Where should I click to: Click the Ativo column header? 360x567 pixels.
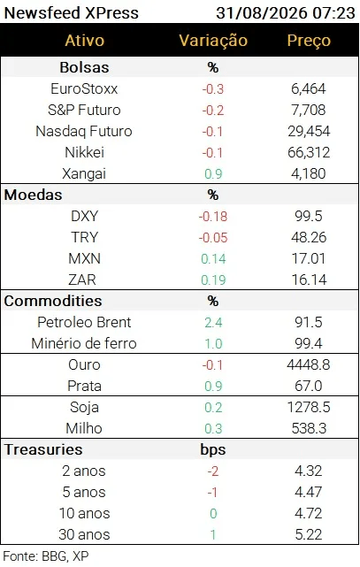click(x=85, y=40)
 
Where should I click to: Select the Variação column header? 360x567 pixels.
click(x=213, y=40)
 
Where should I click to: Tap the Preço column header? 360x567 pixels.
click(x=309, y=41)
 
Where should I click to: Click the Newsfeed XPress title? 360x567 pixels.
click(x=72, y=13)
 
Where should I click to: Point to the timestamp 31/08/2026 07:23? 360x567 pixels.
click(x=286, y=13)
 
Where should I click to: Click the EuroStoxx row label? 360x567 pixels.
click(x=84, y=89)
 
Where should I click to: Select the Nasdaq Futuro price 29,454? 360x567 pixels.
click(x=309, y=131)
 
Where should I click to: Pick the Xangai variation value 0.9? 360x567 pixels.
click(x=213, y=174)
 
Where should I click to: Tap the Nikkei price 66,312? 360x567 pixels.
click(x=309, y=153)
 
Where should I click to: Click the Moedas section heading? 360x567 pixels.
click(x=34, y=195)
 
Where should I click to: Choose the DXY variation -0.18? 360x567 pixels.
click(x=213, y=216)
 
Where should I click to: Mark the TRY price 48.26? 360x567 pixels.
click(x=309, y=238)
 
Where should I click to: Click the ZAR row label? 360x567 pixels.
click(x=82, y=280)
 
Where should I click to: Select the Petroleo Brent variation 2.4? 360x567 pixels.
click(x=213, y=323)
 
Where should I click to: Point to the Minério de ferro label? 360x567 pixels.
click(x=84, y=343)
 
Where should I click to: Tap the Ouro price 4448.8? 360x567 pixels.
click(x=309, y=364)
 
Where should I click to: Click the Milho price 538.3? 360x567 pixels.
click(x=309, y=428)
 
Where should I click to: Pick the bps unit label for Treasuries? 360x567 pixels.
click(x=213, y=450)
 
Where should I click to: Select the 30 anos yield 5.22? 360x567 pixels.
click(x=309, y=534)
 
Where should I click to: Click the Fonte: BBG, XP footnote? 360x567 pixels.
click(x=46, y=556)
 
